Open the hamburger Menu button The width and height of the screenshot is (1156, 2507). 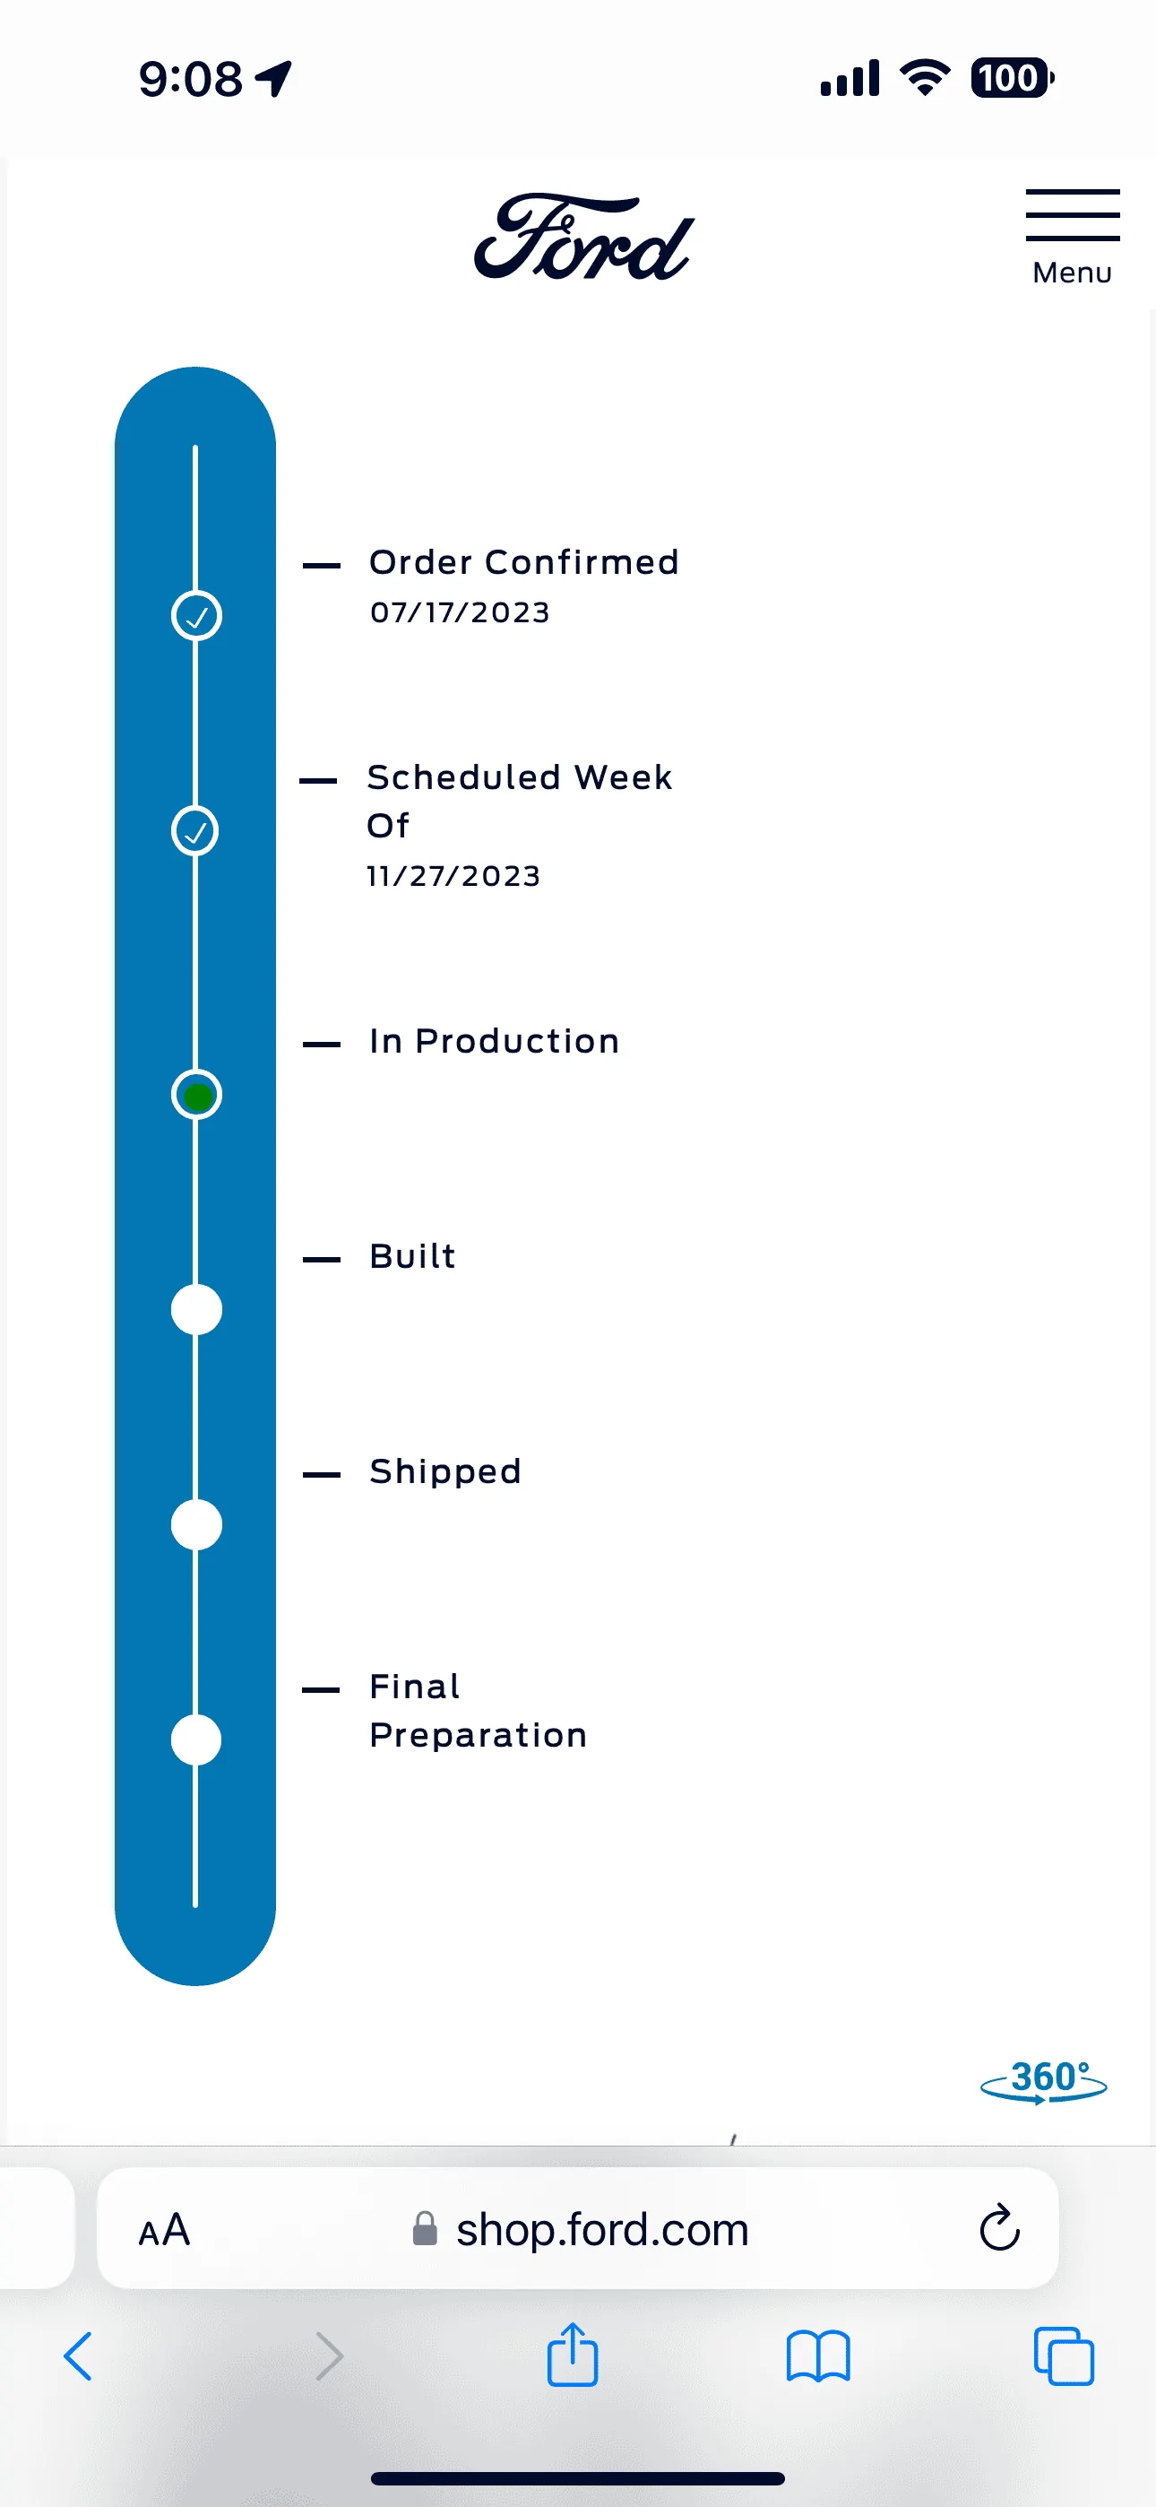pos(1073,237)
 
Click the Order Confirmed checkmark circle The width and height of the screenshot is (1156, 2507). pos(196,616)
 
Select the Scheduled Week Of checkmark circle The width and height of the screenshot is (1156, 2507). pos(195,831)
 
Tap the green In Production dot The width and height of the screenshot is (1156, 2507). pos(196,1095)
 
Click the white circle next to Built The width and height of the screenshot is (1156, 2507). pos(196,1310)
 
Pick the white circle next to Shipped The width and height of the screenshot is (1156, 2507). pos(196,1525)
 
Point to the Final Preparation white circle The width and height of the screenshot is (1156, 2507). pos(196,1740)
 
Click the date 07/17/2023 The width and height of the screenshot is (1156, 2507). pos(461,612)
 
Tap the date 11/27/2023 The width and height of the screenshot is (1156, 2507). pos(453,876)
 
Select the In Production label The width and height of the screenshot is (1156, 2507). pos(495,1041)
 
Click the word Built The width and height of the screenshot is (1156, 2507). pos(412,1256)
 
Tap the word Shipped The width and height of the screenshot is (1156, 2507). pos(445,1471)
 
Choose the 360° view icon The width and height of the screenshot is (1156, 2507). pos(1044,2081)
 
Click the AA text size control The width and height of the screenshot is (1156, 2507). pos(165,2230)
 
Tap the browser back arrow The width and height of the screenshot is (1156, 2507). pos(78,2356)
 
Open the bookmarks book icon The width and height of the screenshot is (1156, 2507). pos(818,2356)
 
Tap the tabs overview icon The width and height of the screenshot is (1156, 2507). pos(1064,2356)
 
